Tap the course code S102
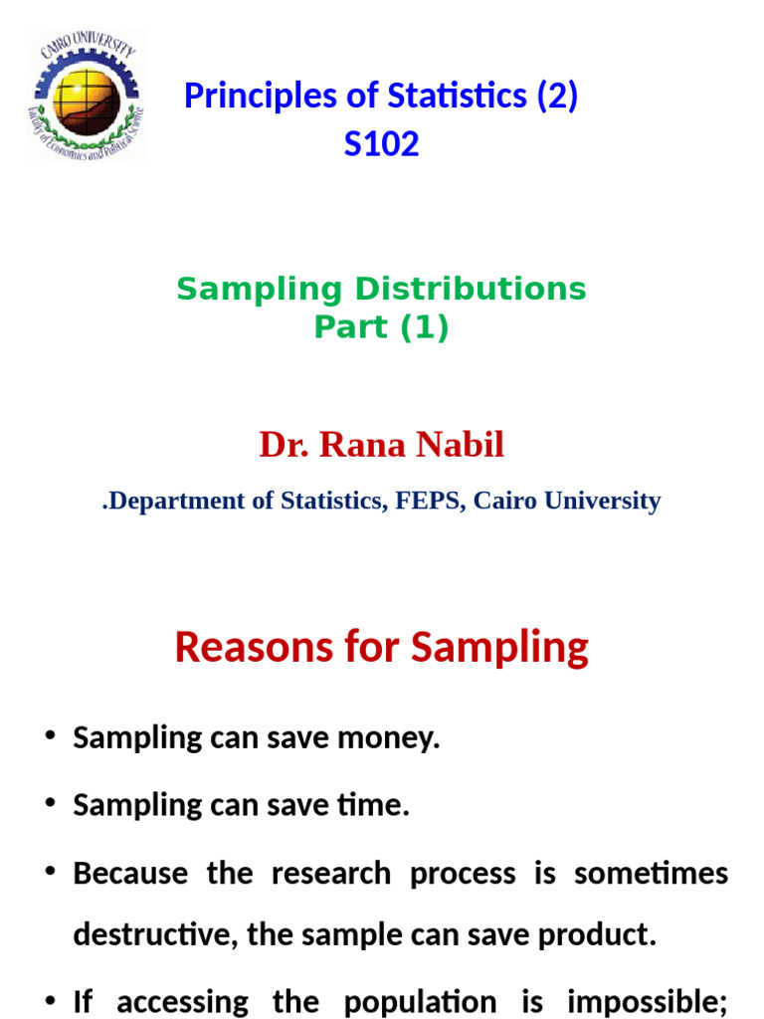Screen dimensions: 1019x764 pyautogui.click(x=381, y=145)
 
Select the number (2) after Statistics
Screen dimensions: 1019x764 pyautogui.click(x=556, y=97)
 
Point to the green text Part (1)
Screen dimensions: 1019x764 pyautogui.click(x=381, y=327)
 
